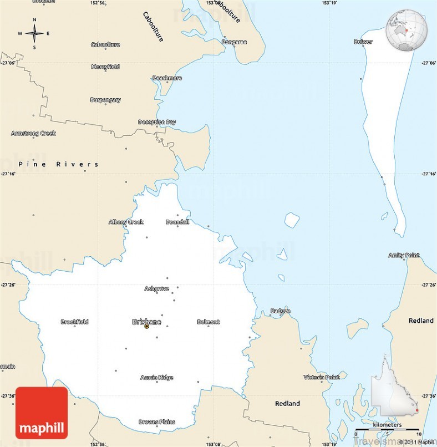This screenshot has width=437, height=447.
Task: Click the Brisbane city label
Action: [x=146, y=321]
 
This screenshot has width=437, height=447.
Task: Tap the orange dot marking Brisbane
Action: [x=146, y=327]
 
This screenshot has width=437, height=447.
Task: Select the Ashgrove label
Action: [x=156, y=288]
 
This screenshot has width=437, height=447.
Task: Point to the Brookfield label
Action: [x=74, y=322]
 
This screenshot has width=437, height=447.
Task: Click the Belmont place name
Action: [x=208, y=322]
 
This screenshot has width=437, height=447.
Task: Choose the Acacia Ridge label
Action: [x=156, y=378]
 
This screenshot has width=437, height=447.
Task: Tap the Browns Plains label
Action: [x=156, y=422]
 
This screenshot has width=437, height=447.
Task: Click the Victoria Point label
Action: [x=321, y=377]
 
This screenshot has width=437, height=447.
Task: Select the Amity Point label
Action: [x=404, y=255]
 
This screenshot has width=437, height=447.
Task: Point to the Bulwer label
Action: [x=363, y=42]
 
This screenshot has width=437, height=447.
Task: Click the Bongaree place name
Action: [x=234, y=42]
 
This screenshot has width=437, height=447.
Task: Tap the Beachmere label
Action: [x=167, y=78]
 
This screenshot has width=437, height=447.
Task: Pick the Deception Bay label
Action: [x=157, y=122]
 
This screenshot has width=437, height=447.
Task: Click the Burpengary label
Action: [x=105, y=100]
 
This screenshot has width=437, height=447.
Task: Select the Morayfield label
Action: [x=105, y=67]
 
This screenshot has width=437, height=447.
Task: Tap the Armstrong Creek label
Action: [x=33, y=133]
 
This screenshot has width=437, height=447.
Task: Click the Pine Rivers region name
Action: [x=58, y=164]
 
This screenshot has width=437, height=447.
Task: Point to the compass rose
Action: [x=34, y=33]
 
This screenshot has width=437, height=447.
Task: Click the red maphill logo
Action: [x=42, y=413]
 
